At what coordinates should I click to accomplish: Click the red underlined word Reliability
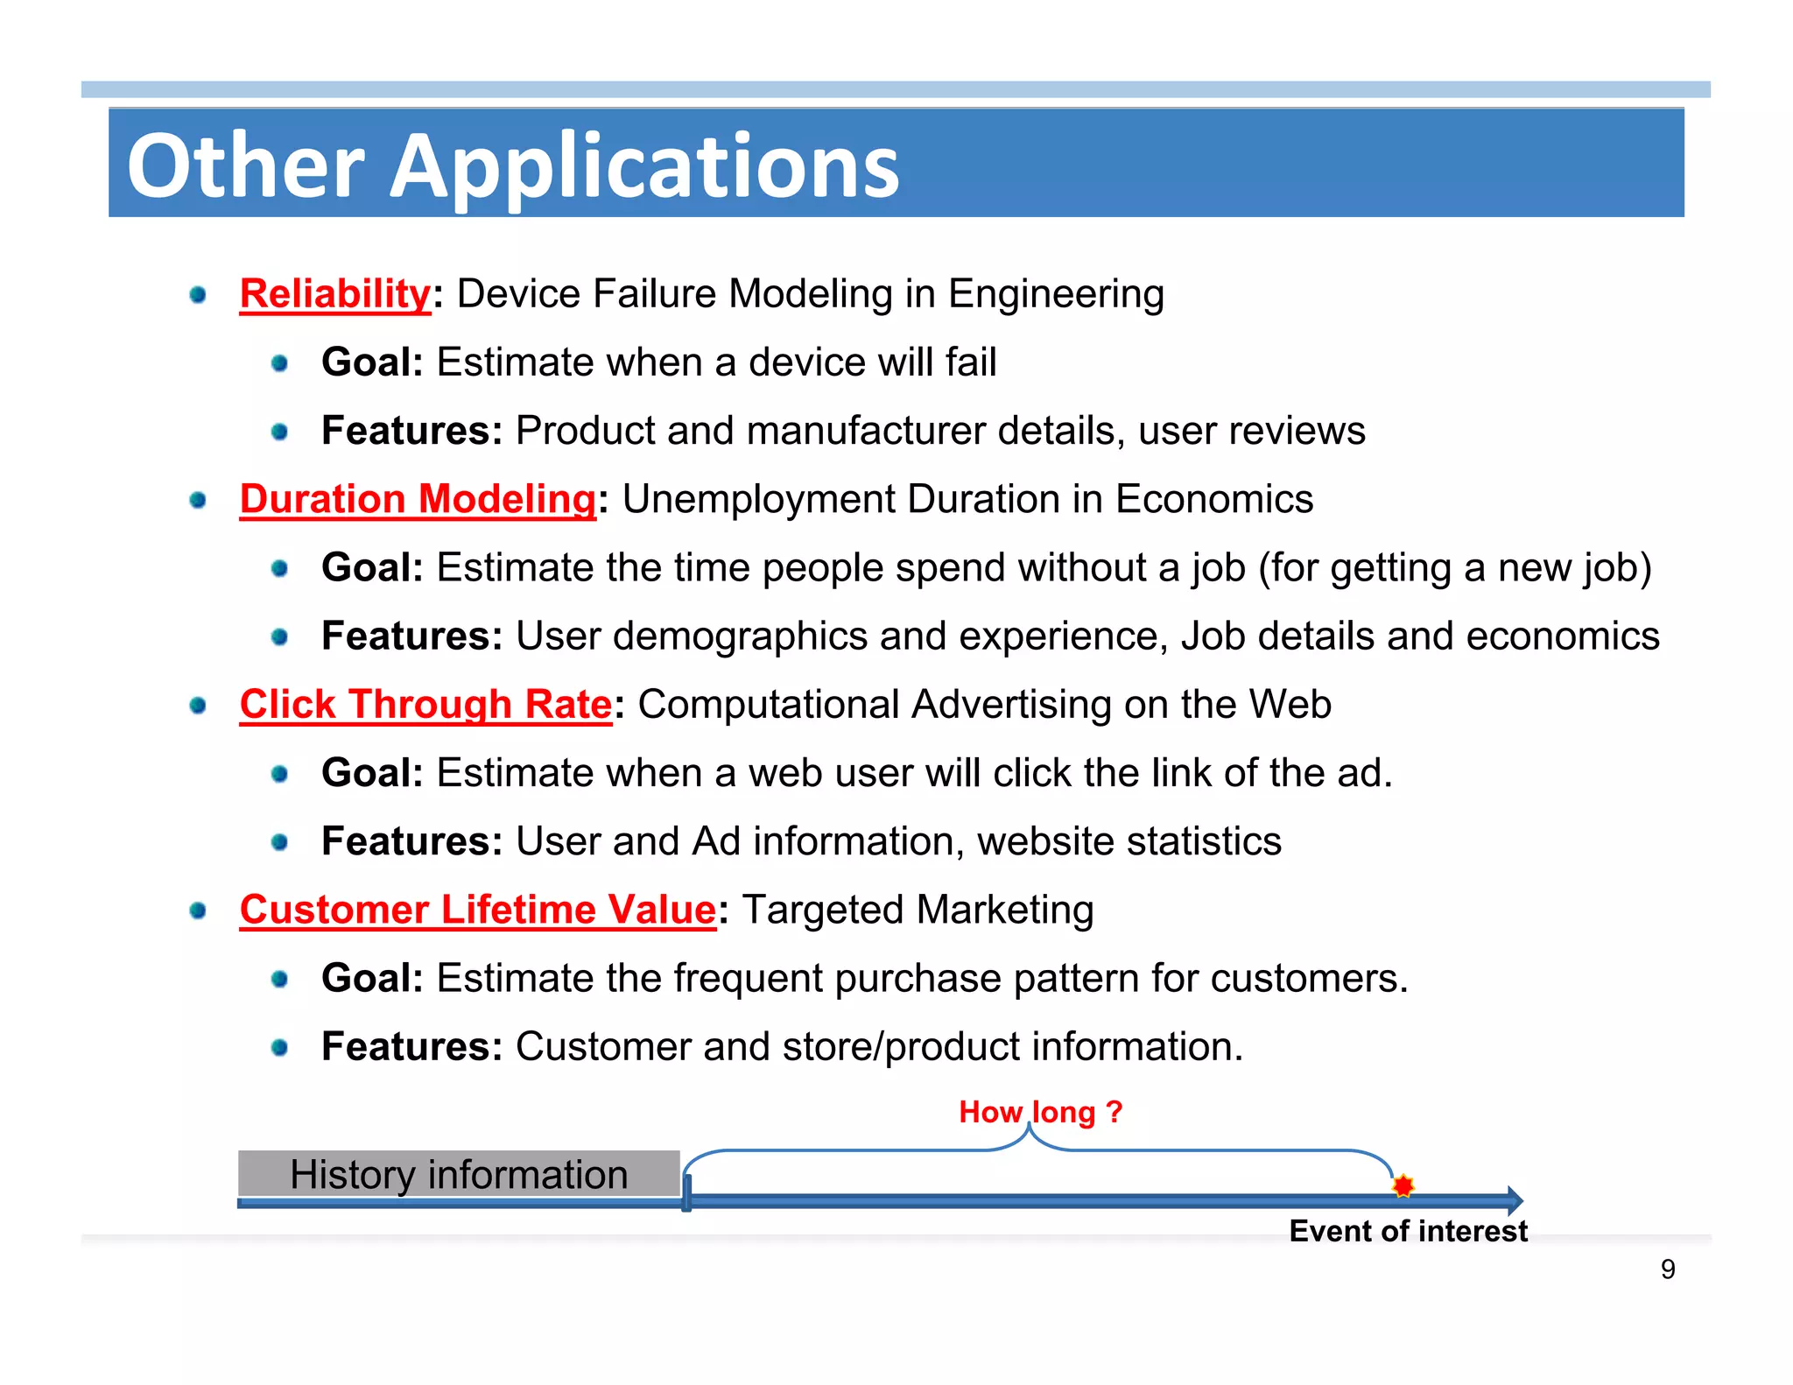click(x=335, y=294)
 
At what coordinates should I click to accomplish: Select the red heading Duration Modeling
click(x=418, y=500)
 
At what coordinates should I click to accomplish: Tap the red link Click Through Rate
click(x=425, y=705)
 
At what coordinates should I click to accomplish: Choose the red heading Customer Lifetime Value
click(x=478, y=910)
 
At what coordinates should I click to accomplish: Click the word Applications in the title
click(x=644, y=166)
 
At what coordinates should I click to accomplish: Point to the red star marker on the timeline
click(x=1403, y=1185)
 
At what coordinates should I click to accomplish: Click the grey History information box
click(x=459, y=1174)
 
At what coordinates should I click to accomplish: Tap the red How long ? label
click(x=1040, y=1112)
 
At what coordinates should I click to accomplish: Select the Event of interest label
click(x=1408, y=1231)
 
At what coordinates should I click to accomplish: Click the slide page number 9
click(x=1668, y=1269)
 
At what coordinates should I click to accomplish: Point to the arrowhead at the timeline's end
click(x=1515, y=1200)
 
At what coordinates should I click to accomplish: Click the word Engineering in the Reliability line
click(x=1056, y=294)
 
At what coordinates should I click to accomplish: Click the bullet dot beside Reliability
click(x=198, y=295)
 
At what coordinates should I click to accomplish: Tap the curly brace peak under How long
click(x=1030, y=1129)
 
